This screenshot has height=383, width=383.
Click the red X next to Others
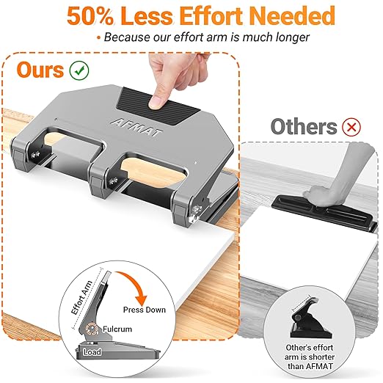pyautogui.click(x=353, y=127)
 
